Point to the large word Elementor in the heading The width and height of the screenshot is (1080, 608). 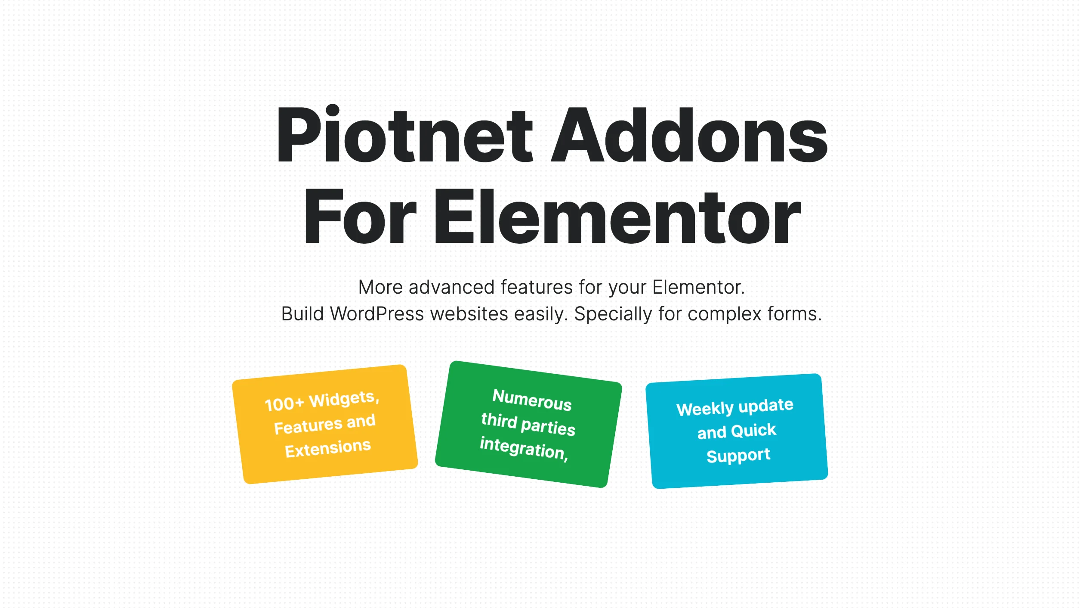click(617, 217)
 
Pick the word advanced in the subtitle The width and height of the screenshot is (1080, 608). click(451, 287)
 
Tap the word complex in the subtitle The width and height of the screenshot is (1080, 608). click(725, 314)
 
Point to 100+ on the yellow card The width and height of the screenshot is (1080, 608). click(284, 404)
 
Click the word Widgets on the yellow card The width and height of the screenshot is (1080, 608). click(343, 399)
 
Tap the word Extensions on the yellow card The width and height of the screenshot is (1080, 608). click(328, 449)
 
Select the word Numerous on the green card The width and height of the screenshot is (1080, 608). click(532, 400)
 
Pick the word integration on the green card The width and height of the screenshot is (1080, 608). click(522, 448)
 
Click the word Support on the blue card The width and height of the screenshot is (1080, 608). click(738, 456)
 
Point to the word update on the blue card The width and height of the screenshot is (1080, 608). click(766, 406)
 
